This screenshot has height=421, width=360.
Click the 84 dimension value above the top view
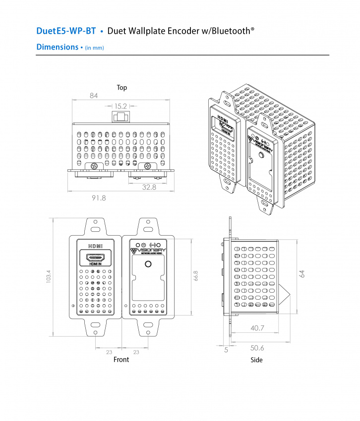point(94,96)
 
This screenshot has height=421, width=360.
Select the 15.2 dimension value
point(120,106)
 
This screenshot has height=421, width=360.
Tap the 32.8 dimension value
point(149,187)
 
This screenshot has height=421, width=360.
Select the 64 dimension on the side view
point(301,274)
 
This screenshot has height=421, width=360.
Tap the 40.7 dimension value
point(257,328)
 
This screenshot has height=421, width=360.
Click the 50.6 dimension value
point(257,348)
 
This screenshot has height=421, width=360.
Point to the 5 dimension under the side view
point(226,350)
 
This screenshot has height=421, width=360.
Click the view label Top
point(121,88)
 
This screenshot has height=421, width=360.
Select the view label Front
point(121,360)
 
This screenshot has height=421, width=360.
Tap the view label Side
point(256,360)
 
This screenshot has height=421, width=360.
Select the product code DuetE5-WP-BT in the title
point(66,31)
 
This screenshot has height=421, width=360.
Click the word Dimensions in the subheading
point(57,48)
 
